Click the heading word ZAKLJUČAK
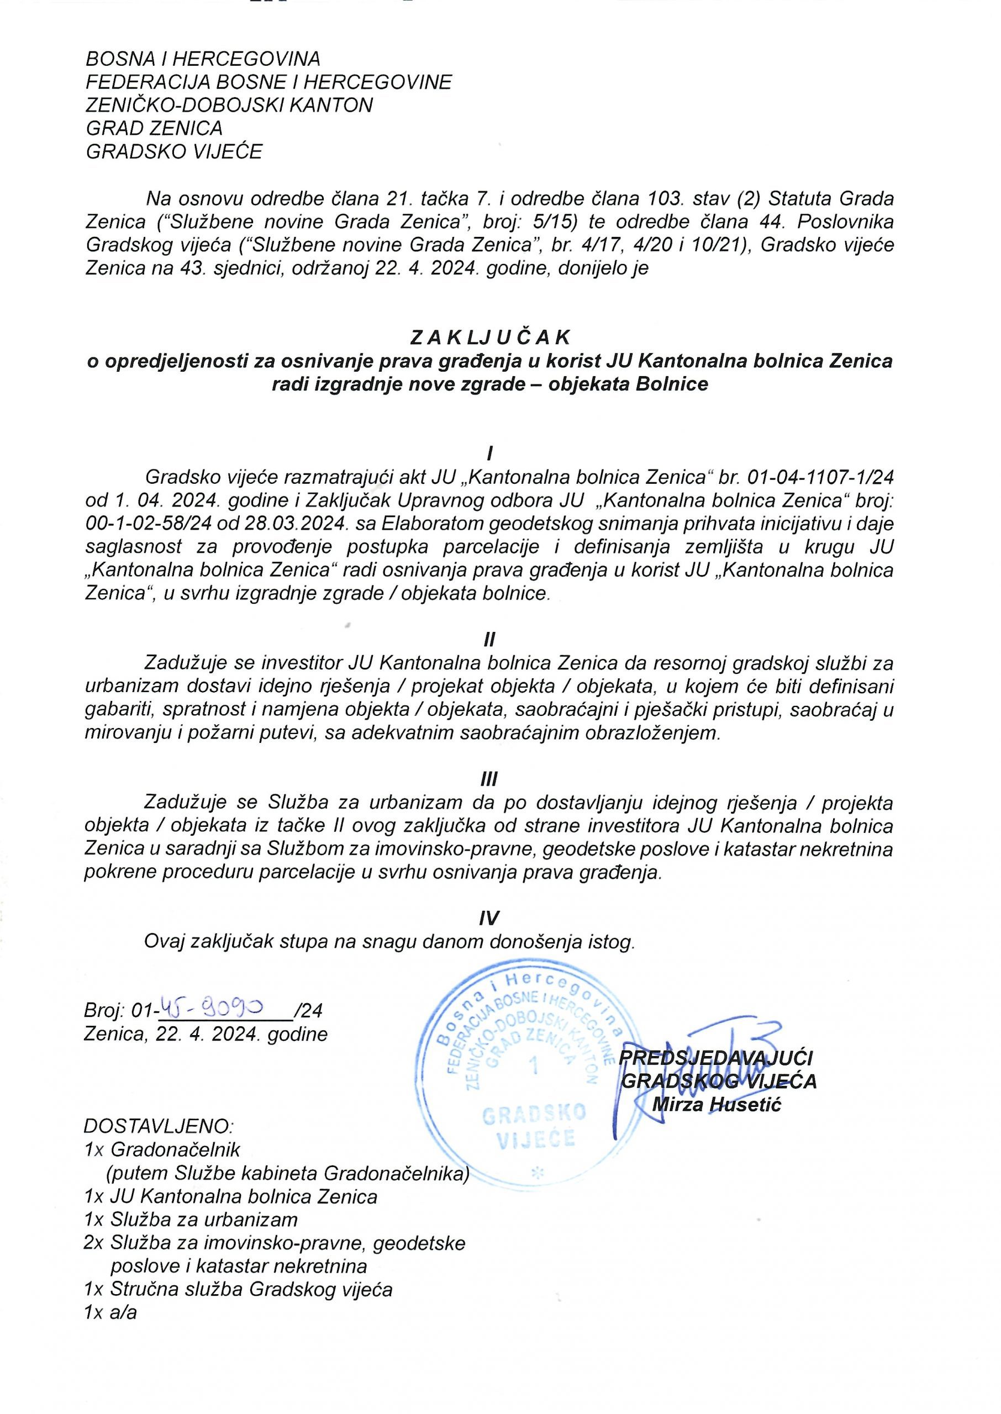(x=490, y=337)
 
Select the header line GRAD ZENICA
(x=154, y=128)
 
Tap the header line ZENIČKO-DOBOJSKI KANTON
(x=229, y=105)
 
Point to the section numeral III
(x=489, y=779)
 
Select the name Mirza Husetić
(x=716, y=1104)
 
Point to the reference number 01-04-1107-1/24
(x=820, y=477)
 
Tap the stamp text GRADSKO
(x=534, y=1114)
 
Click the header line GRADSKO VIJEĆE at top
(x=174, y=151)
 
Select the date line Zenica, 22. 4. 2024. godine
(x=206, y=1033)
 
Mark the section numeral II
(x=489, y=640)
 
